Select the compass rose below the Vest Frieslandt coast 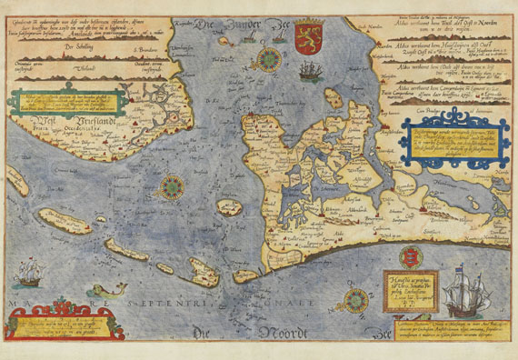point(169,188)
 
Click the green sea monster point(92,291)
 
